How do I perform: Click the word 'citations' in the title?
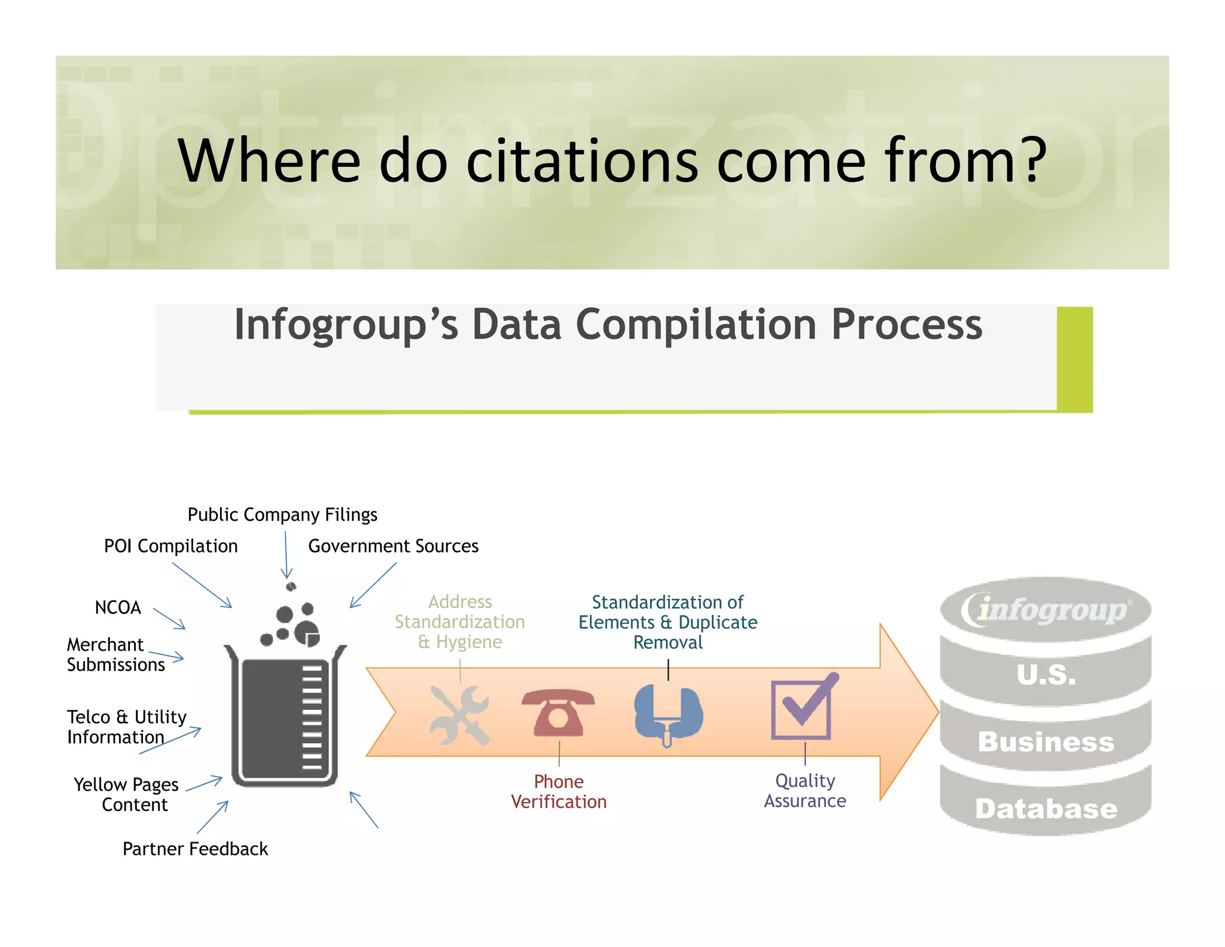click(x=581, y=160)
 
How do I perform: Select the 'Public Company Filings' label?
click(x=282, y=515)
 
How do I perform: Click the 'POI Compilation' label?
click(x=170, y=546)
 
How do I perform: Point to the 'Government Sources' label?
click(x=393, y=546)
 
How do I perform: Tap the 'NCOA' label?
click(x=118, y=608)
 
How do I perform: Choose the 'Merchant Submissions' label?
click(x=115, y=654)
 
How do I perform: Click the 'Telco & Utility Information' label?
click(x=126, y=727)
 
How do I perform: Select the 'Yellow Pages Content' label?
click(x=126, y=794)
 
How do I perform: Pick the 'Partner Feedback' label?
click(x=195, y=849)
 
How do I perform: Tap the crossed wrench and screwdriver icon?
click(x=459, y=715)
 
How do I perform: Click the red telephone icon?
click(x=558, y=712)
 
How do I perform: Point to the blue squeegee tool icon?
click(x=668, y=714)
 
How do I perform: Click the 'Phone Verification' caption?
click(x=559, y=791)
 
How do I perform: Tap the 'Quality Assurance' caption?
click(x=805, y=791)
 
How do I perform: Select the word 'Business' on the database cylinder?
click(x=1046, y=742)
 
